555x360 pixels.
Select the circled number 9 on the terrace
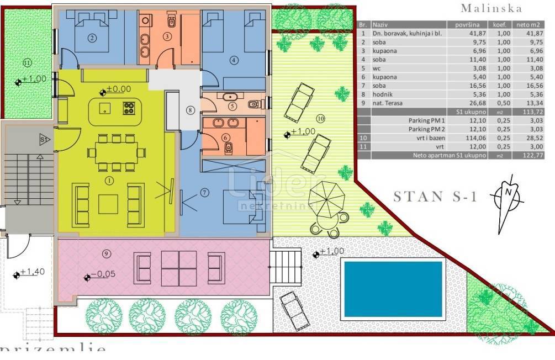(107, 254)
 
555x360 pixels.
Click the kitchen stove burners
(129, 108)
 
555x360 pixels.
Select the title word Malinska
(491, 8)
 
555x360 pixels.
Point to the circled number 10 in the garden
(320, 119)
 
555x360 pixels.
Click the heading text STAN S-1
(435, 197)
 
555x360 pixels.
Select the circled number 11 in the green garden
(24, 62)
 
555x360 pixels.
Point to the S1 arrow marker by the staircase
(43, 140)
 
